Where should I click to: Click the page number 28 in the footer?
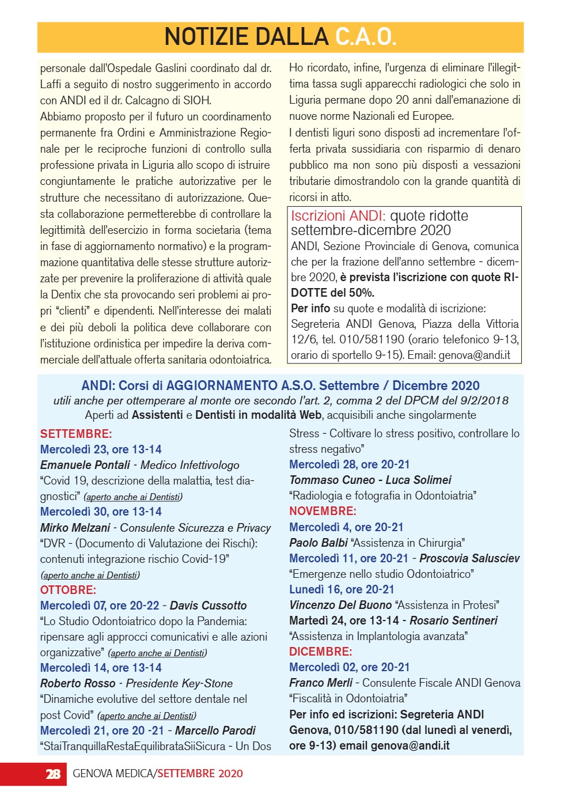click(x=53, y=774)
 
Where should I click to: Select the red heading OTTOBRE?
click(x=68, y=590)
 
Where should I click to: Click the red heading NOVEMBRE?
click(x=323, y=511)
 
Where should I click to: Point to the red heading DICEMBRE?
click(x=320, y=652)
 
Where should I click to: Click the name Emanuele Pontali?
click(x=85, y=465)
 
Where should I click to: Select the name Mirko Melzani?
click(x=75, y=528)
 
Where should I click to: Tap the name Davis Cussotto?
click(x=208, y=606)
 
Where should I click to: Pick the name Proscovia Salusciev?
click(x=469, y=558)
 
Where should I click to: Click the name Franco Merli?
click(x=320, y=683)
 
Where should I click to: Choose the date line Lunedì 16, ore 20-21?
click(x=342, y=589)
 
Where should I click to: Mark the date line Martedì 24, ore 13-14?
click(x=344, y=620)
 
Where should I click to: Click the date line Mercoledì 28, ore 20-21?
click(x=349, y=464)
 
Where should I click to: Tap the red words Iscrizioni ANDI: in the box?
click(x=338, y=216)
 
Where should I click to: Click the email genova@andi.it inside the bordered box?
click(x=474, y=355)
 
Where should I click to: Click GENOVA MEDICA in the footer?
click(x=113, y=774)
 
